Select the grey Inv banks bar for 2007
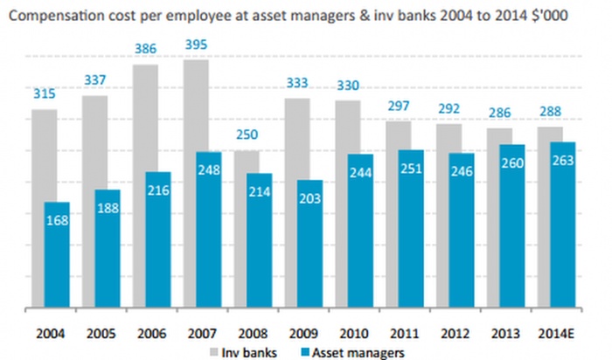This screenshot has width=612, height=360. (x=195, y=105)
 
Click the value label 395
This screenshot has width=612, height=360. (x=196, y=45)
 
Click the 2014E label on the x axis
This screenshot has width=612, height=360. (x=557, y=333)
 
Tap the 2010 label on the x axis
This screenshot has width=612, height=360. (x=353, y=333)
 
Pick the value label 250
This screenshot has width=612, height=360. (x=246, y=136)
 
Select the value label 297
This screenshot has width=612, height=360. (x=398, y=106)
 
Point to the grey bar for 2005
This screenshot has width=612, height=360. (x=94, y=140)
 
